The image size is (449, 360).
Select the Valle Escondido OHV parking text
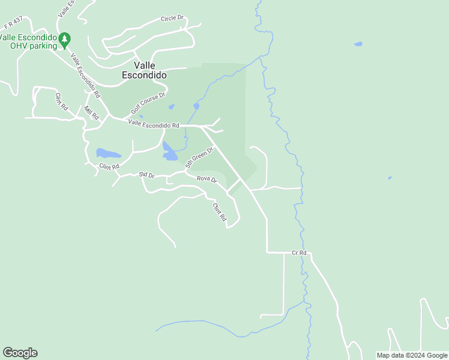coord(29,41)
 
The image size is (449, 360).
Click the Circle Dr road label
coord(172,19)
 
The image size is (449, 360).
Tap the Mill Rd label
coord(91,113)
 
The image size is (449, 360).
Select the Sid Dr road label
coord(147,175)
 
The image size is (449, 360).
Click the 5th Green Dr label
coord(199,157)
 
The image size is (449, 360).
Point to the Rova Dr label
coord(206,179)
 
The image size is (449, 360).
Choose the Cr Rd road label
coord(299,253)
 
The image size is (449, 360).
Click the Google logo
coord(20,353)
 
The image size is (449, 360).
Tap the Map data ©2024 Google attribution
coord(412,355)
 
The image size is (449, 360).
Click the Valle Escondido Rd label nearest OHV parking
coord(85,76)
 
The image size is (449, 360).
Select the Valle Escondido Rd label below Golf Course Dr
coord(154,125)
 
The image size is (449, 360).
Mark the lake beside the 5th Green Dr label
coord(169,152)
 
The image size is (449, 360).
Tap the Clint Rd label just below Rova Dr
coord(218,212)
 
